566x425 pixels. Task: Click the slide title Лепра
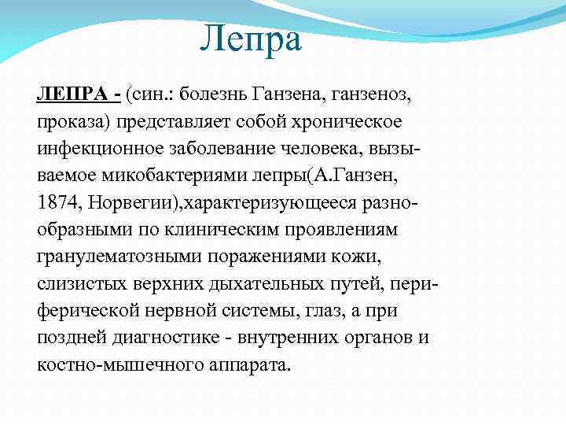(x=250, y=39)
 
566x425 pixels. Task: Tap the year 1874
(x=56, y=204)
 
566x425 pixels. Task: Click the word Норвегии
(x=130, y=204)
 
